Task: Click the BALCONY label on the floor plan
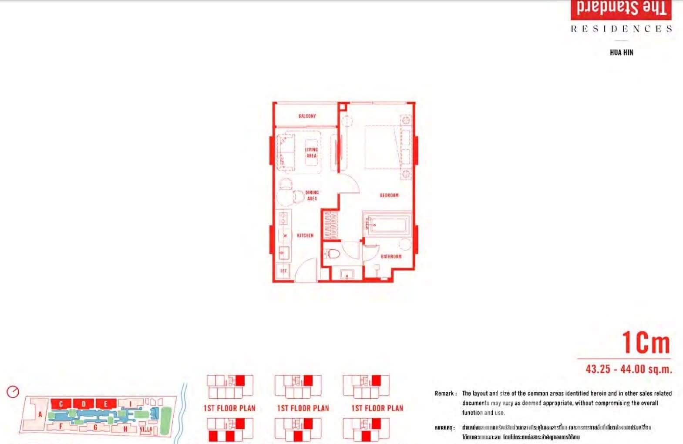click(307, 116)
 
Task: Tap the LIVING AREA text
click(311, 153)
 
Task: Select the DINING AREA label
click(312, 195)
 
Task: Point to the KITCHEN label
click(305, 235)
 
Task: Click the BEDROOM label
click(389, 195)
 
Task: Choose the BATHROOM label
click(391, 256)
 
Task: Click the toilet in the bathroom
click(333, 254)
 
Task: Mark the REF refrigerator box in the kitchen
click(284, 271)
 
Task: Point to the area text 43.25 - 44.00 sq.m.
click(628, 369)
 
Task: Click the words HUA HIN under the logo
click(621, 52)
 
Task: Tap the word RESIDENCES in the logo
click(621, 29)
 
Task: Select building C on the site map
click(61, 403)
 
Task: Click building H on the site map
click(125, 429)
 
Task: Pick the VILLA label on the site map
click(146, 429)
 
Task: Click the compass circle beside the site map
click(13, 392)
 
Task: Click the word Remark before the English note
click(444, 393)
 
